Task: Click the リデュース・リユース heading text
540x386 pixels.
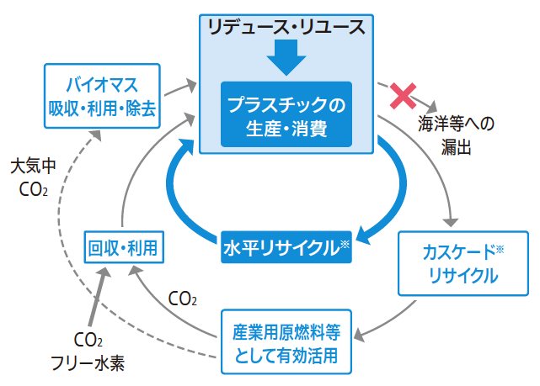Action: [x=287, y=26]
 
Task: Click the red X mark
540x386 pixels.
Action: [x=399, y=96]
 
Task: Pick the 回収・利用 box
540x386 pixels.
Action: [x=124, y=246]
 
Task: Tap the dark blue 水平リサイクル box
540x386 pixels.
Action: [x=286, y=247]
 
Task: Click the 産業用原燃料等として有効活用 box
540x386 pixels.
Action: [x=286, y=342]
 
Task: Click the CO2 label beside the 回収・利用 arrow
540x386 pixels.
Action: [x=183, y=298]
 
